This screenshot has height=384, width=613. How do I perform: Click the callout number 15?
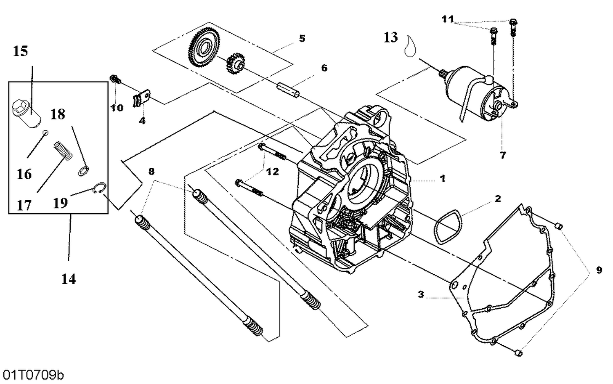[20, 51]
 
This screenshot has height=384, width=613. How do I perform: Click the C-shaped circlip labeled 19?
[100, 188]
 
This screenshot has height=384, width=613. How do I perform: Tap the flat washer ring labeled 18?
[84, 171]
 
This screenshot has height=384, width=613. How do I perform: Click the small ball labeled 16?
[46, 133]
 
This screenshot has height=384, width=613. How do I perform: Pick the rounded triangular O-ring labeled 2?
[447, 227]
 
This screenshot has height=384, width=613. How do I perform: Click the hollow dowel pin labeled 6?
[289, 91]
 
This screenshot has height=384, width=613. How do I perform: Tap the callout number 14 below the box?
[68, 279]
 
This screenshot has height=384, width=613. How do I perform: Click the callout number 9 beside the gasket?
[599, 270]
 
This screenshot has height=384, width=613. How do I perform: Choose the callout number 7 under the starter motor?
[503, 155]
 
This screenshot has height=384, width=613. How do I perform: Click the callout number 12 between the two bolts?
[272, 172]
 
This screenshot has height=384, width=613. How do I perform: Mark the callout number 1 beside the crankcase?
[442, 178]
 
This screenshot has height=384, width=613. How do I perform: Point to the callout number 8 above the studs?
[152, 171]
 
